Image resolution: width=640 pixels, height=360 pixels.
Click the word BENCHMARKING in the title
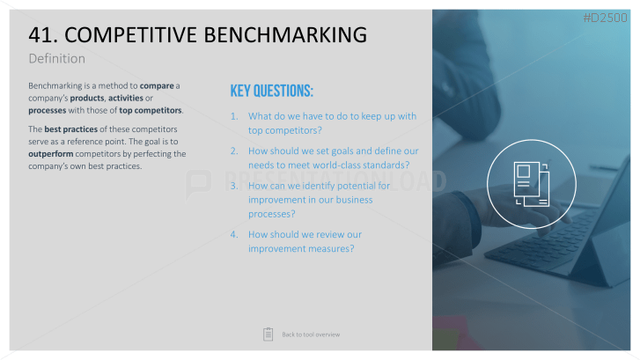[285, 34]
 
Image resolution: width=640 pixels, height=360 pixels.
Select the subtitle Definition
[56, 59]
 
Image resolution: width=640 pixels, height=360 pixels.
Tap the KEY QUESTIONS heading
[271, 91]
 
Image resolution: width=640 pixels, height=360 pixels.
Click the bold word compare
[157, 86]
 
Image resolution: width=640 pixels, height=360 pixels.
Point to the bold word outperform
[50, 154]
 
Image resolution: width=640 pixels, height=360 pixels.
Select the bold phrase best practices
[71, 129]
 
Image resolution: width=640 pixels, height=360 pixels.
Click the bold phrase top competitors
[151, 111]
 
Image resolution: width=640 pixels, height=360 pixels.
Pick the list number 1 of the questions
[234, 116]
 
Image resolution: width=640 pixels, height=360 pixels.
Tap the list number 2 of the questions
[234, 151]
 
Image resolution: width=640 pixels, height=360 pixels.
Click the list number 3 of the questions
[234, 186]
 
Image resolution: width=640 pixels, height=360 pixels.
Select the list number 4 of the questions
[234, 235]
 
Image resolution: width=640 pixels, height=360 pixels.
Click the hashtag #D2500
[605, 18]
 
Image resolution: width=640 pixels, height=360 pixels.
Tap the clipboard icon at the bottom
[269, 334]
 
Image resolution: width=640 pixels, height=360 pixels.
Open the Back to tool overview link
[311, 334]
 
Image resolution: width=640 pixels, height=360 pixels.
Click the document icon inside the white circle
[532, 184]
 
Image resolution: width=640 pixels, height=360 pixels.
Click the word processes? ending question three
[272, 214]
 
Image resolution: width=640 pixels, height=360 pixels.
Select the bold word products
[87, 99]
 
